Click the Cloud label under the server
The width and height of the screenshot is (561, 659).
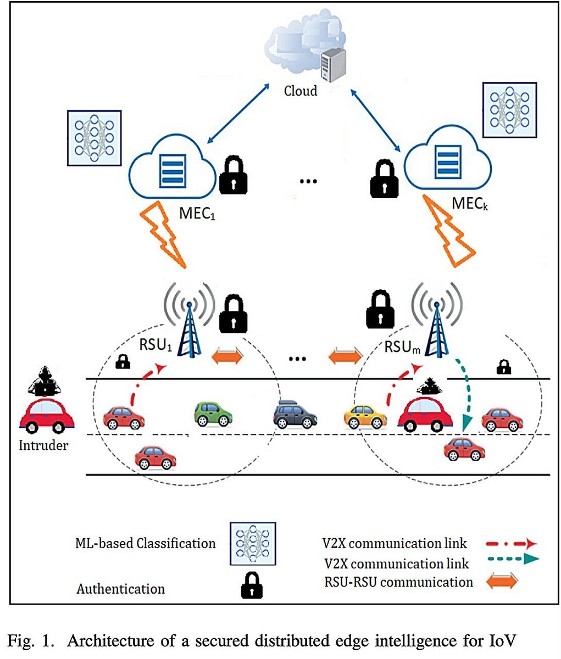pyautogui.click(x=300, y=90)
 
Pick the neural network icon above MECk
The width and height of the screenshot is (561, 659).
pyautogui.click(x=509, y=110)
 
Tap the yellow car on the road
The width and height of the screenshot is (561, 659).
pyautogui.click(x=365, y=417)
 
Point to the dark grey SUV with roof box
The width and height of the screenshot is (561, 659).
pyautogui.click(x=295, y=414)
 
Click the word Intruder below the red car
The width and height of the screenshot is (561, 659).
pyautogui.click(x=43, y=445)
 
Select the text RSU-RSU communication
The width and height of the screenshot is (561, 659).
pyautogui.click(x=398, y=582)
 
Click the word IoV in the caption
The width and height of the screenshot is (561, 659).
pyautogui.click(x=501, y=640)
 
